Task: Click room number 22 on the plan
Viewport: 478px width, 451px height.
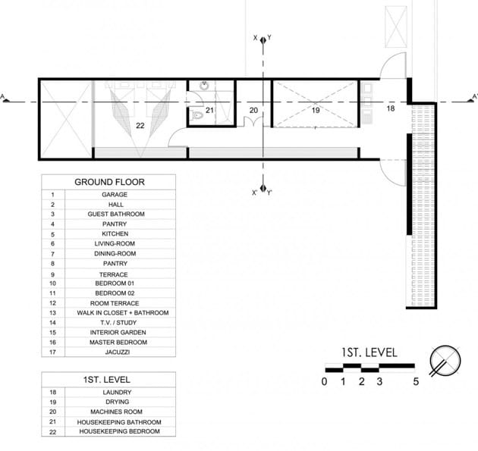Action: click(140, 126)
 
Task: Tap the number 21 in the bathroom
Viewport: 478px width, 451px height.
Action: click(209, 110)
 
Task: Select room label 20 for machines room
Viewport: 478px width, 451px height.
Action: click(253, 110)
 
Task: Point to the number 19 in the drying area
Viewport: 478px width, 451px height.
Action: click(316, 110)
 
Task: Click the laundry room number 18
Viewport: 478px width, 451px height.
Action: click(391, 108)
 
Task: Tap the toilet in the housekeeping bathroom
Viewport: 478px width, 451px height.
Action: click(197, 115)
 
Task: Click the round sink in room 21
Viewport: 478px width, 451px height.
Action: click(204, 86)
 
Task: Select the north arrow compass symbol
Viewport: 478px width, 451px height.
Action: click(445, 361)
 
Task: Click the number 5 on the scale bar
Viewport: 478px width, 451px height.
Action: click(416, 381)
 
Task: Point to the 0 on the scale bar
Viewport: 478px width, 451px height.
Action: click(325, 381)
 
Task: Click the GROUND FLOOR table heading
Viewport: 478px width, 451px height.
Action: click(109, 182)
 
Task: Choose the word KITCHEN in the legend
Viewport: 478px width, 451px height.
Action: click(115, 234)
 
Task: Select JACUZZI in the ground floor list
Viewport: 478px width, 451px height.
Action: click(118, 352)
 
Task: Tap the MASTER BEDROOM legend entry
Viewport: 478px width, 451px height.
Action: click(118, 343)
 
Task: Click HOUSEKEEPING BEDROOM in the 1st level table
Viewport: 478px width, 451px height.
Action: click(120, 431)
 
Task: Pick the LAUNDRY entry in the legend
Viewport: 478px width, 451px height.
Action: click(117, 392)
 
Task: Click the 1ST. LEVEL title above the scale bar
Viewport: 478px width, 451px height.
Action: click(370, 352)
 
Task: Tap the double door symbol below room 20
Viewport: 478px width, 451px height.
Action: click(253, 121)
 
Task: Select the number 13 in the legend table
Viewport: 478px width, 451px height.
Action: click(52, 313)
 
